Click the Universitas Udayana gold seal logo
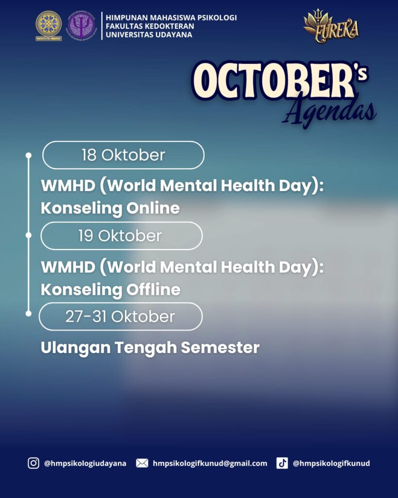49,26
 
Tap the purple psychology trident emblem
81,26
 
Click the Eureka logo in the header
331,26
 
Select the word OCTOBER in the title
274,81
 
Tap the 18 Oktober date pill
123,155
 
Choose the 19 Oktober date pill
121,236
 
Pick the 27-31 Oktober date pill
121,317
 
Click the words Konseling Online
110,208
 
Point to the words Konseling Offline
110,290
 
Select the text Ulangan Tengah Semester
150,348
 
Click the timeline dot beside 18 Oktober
29,155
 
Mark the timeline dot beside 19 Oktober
29,235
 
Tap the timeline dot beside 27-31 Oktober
29,314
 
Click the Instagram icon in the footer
34,463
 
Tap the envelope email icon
142,463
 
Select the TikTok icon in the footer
282,463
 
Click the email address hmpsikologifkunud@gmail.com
210,463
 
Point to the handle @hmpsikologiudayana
85,463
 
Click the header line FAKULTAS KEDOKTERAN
150,26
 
